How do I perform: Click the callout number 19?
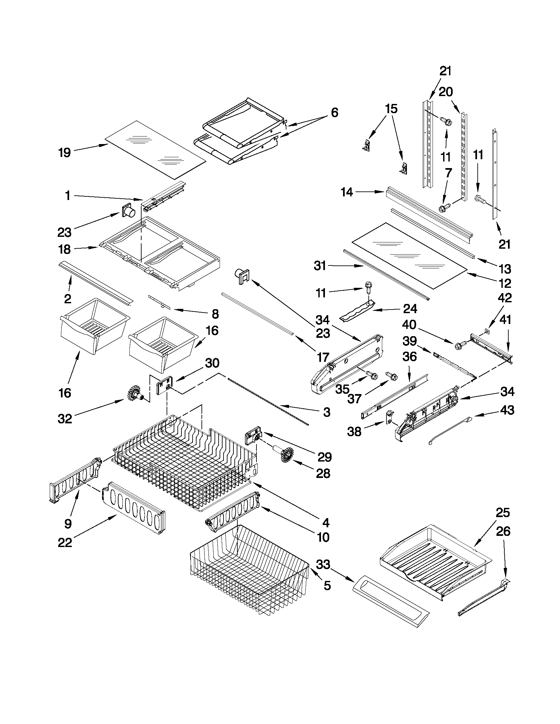[65, 153]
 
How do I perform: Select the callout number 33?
[323, 564]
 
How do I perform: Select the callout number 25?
[503, 513]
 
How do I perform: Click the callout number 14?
[347, 192]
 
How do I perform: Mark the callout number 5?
[327, 586]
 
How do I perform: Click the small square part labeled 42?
[486, 330]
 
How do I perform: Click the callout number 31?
[320, 265]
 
